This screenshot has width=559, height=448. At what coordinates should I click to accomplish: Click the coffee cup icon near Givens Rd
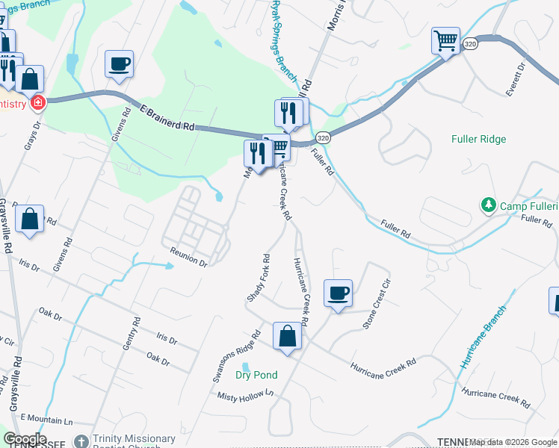pos(119,63)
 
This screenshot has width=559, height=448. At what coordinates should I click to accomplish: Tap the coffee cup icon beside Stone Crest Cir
pos(338,293)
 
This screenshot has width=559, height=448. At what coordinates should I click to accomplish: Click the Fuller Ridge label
pos(479,139)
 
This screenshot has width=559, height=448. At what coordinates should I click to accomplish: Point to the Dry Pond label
pos(256,375)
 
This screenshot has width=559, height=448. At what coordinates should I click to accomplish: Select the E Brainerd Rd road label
pos(167,119)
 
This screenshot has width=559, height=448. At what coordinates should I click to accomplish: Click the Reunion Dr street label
pos(188,258)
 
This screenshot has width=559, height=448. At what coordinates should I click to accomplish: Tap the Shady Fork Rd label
pos(258,278)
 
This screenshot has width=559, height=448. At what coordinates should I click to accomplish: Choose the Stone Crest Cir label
pos(377,303)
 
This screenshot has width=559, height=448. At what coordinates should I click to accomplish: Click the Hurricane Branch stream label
pos(484,337)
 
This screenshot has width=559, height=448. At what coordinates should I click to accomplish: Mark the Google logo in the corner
pos(25,439)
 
